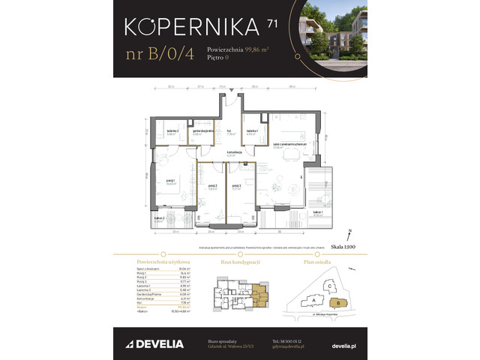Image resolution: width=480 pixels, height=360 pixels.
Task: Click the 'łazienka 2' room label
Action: (x=172, y=132)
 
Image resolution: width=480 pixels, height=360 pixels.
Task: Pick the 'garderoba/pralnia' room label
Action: (x=202, y=132)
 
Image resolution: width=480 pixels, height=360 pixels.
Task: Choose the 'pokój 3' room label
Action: (x=236, y=187)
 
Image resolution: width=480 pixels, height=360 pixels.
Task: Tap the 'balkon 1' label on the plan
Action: (x=318, y=212)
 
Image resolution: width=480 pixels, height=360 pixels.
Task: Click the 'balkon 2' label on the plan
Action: (x=159, y=219)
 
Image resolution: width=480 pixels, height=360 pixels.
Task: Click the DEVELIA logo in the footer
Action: (x=151, y=343)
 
